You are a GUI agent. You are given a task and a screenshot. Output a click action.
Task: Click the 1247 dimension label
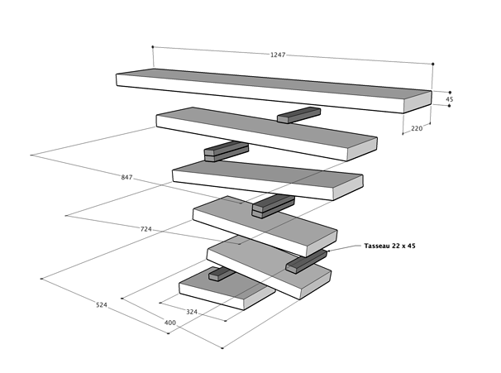(278, 55)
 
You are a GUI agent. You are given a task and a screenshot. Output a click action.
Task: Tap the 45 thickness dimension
(450, 99)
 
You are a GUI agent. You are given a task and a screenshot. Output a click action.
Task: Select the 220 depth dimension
(417, 128)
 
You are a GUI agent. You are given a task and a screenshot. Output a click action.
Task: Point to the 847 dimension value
(126, 178)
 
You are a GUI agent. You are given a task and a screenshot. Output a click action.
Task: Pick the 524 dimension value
(102, 305)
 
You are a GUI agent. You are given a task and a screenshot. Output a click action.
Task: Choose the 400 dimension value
(170, 323)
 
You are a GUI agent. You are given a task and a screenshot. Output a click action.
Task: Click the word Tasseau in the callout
(377, 246)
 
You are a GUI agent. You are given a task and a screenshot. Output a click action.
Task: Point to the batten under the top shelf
(298, 115)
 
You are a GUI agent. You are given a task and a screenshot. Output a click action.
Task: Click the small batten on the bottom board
(222, 274)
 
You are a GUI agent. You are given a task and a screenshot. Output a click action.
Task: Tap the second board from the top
(265, 132)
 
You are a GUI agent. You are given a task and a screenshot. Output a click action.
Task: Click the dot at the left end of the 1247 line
(153, 47)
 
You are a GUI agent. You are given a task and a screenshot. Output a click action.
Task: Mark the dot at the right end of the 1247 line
(433, 63)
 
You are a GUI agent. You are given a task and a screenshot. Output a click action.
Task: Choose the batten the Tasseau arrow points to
(306, 262)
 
